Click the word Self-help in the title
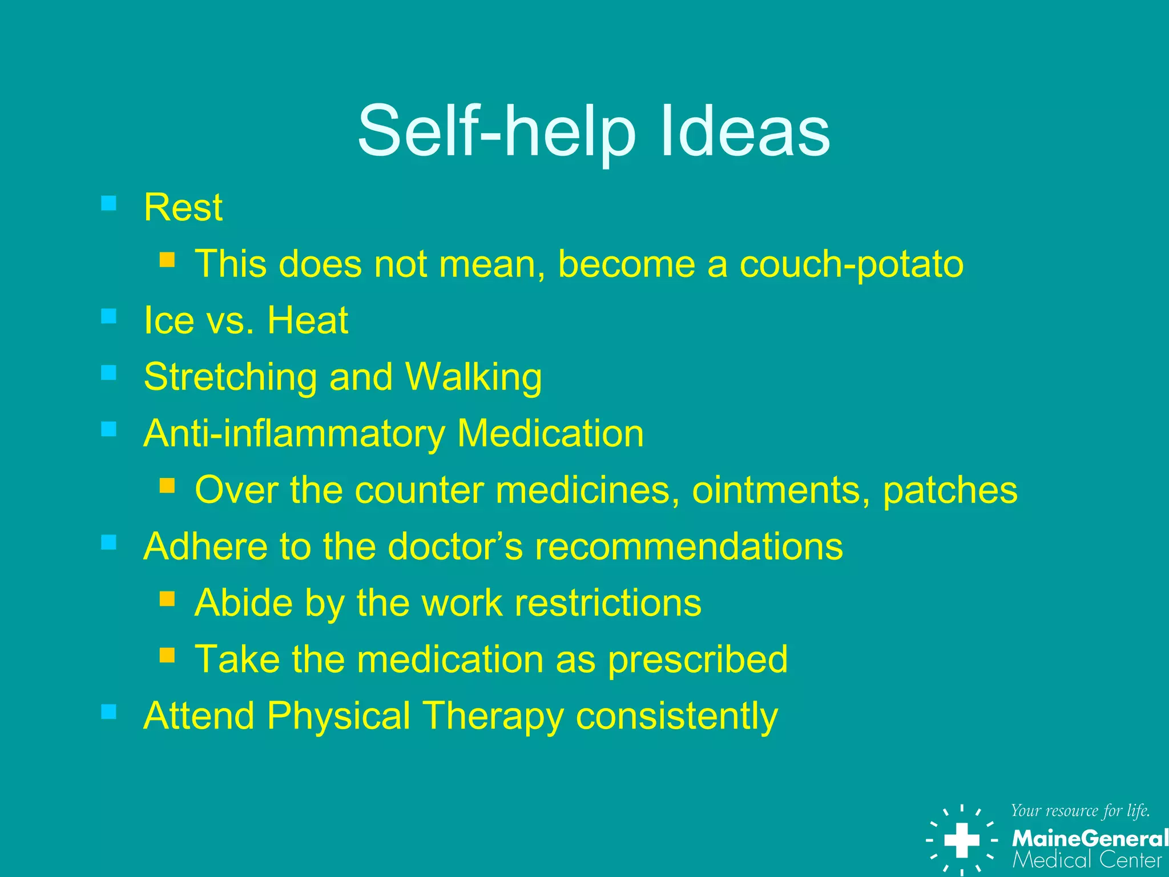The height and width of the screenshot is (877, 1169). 496,132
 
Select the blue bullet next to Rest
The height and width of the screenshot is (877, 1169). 108,203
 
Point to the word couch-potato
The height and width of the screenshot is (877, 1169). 851,264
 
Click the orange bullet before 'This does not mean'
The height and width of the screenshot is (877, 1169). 167,260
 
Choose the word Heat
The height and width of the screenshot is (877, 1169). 308,320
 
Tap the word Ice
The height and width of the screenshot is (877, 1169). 169,320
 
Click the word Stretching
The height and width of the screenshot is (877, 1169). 230,377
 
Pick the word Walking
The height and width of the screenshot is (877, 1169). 473,377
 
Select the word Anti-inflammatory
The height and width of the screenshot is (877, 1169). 294,433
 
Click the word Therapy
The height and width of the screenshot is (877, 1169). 492,716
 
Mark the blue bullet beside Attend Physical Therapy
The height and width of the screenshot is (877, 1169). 108,711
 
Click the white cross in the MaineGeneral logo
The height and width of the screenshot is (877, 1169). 962,840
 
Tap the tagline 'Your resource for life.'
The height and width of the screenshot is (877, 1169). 1080,811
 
